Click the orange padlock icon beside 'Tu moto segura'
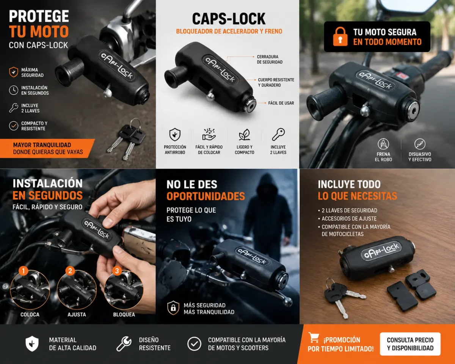340,36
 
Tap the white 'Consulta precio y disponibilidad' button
410,344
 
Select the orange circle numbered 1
23,271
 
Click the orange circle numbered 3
117,271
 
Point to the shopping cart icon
314,337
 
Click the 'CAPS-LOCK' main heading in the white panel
229,19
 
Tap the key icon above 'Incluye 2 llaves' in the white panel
278,135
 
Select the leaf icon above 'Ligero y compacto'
245,135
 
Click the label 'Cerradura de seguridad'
270,60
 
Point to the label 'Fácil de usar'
281,103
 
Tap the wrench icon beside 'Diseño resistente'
124,344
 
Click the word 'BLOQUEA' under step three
124,314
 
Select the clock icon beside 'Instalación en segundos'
14,90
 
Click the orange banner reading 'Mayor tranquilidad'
47,148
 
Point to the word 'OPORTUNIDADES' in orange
206,196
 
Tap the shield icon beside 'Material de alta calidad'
32,344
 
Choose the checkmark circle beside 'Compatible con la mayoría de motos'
194,344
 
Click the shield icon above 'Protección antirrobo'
175,135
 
